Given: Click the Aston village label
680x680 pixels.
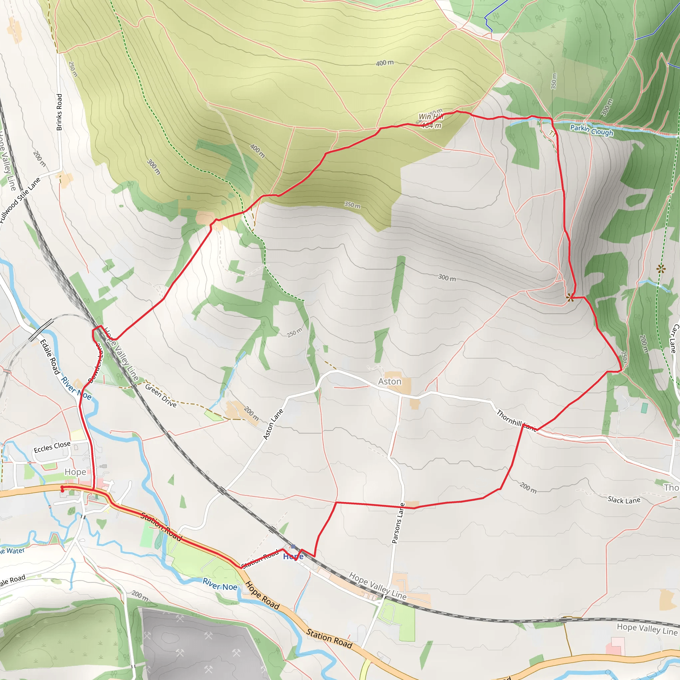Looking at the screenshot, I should pyautogui.click(x=389, y=382).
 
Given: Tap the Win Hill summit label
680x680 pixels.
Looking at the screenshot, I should pyautogui.click(x=430, y=116).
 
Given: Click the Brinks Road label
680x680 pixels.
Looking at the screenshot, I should pyautogui.click(x=59, y=112).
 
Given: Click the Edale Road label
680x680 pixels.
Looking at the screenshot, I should pyautogui.click(x=49, y=357).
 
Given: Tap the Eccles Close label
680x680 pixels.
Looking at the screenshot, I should pyautogui.click(x=52, y=447).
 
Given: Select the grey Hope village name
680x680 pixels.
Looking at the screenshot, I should pyautogui.click(x=75, y=472).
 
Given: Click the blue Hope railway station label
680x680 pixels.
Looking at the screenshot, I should pyautogui.click(x=293, y=556).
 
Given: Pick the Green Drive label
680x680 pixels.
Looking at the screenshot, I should pyautogui.click(x=161, y=395).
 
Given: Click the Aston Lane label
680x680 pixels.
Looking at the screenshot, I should pyautogui.click(x=274, y=424).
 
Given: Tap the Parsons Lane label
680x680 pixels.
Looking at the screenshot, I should pyautogui.click(x=398, y=523).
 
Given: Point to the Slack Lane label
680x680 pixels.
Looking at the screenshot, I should pyautogui.click(x=624, y=500).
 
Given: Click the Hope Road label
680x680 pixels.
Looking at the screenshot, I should pyautogui.click(x=263, y=596).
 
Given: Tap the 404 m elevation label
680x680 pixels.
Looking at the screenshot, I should pyautogui.click(x=432, y=126).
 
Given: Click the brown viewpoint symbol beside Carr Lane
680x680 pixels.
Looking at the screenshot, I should pyautogui.click(x=661, y=269).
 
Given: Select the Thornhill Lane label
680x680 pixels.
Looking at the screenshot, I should pyautogui.click(x=516, y=420).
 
